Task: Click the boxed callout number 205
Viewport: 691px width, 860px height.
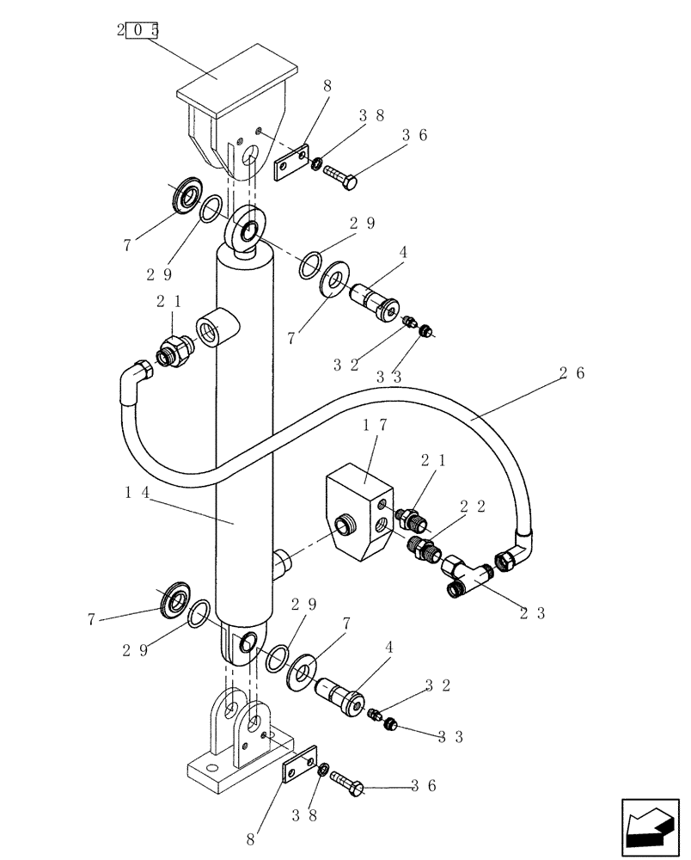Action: click(138, 31)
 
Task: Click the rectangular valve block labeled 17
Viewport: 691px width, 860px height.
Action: click(359, 513)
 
